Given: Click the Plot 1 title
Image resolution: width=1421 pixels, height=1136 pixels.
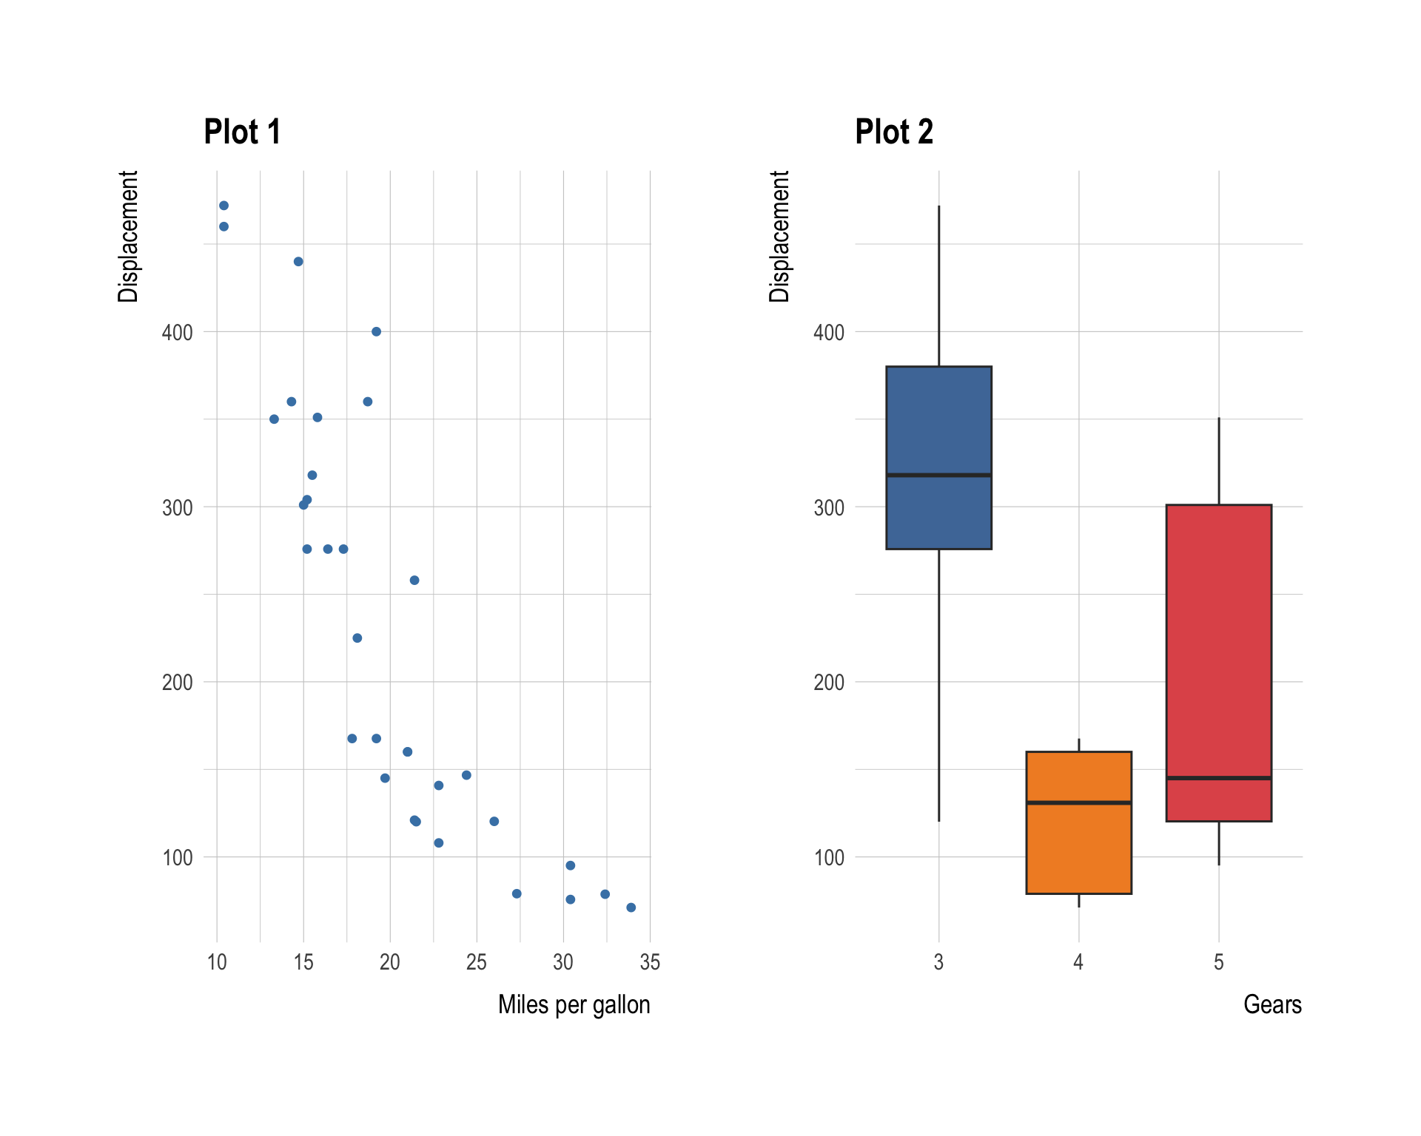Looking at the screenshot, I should pyautogui.click(x=242, y=132).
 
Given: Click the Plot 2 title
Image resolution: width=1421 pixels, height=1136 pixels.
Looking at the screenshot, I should pyautogui.click(x=893, y=132).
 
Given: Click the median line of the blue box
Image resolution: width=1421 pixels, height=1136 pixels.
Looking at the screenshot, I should pyautogui.click(x=938, y=475).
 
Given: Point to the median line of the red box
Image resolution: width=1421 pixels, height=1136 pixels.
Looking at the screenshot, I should pyautogui.click(x=1218, y=778).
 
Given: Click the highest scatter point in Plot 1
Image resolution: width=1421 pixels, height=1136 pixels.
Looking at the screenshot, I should pyautogui.click(x=224, y=206).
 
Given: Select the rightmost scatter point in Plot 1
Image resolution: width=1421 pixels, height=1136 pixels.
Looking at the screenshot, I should pyautogui.click(x=631, y=907).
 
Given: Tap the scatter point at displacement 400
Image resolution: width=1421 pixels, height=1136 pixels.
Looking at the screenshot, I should pyautogui.click(x=376, y=331).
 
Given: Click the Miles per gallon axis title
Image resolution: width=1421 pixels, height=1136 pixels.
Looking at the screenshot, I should pyautogui.click(x=574, y=1004).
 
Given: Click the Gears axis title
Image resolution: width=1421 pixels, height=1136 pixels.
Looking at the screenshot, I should pyautogui.click(x=1271, y=1004).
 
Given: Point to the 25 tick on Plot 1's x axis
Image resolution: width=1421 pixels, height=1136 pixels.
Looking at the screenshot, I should pyautogui.click(x=477, y=962).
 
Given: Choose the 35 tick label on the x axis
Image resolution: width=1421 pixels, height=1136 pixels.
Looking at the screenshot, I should pyautogui.click(x=650, y=962).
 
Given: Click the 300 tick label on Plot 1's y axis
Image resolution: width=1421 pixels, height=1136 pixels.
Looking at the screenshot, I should pyautogui.click(x=178, y=508).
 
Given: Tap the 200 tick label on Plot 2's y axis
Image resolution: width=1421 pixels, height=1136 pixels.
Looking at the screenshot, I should pyautogui.click(x=828, y=683).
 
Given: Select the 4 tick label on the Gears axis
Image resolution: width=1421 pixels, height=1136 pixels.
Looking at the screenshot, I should pyautogui.click(x=1078, y=962).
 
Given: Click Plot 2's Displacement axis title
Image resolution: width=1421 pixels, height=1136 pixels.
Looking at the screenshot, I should pyautogui.click(x=779, y=237).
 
